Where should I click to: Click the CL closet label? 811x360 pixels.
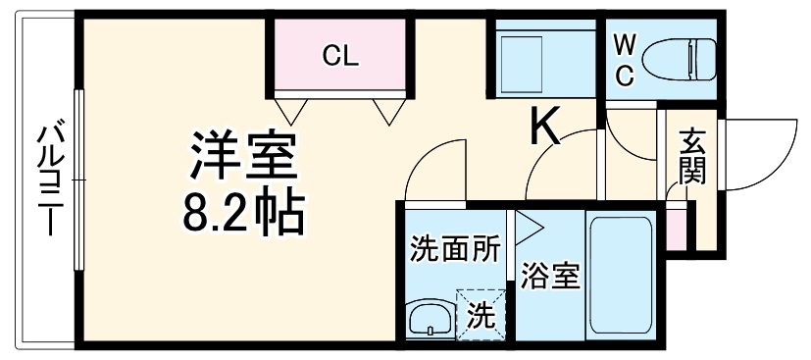pos(340,55)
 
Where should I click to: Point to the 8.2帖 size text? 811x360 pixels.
pos(242,211)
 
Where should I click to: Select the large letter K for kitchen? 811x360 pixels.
pos(545,126)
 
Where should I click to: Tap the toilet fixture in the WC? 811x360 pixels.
pos(689,56)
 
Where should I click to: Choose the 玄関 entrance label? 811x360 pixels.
pos(690,157)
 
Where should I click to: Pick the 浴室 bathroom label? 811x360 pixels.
pos(549,276)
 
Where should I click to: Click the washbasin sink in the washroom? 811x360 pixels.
pos(429,318)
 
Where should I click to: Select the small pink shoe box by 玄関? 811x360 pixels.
pos(677,227)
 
